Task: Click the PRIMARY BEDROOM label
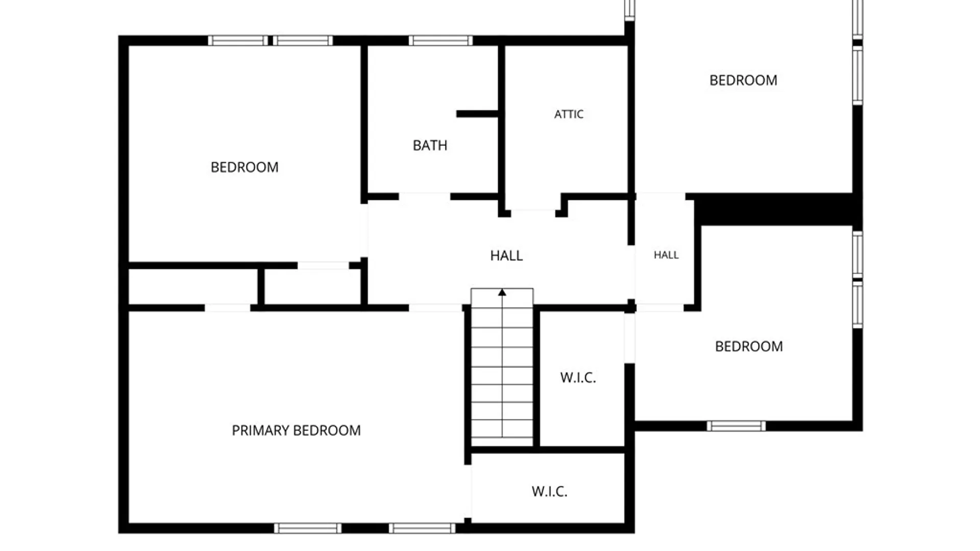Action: (x=296, y=431)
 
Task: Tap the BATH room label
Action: (x=430, y=145)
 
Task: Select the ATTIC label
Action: (x=569, y=114)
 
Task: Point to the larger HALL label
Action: (x=506, y=256)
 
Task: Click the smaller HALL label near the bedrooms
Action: (x=666, y=255)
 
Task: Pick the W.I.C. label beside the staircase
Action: (x=578, y=378)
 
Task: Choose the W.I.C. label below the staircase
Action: (x=549, y=491)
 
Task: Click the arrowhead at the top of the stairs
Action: (x=502, y=292)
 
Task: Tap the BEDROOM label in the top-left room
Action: (x=244, y=167)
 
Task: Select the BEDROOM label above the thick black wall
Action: (x=743, y=80)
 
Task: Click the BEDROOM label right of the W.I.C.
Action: (x=749, y=346)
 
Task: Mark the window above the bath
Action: (x=440, y=40)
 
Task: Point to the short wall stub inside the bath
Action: (x=477, y=114)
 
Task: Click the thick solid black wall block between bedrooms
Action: (x=774, y=209)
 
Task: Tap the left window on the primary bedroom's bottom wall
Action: (x=308, y=529)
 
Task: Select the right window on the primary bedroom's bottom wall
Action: (x=422, y=529)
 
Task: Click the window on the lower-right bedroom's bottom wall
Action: (x=736, y=426)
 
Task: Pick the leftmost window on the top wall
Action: (x=238, y=40)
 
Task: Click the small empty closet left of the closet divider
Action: (x=193, y=287)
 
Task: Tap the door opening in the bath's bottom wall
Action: (x=424, y=197)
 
